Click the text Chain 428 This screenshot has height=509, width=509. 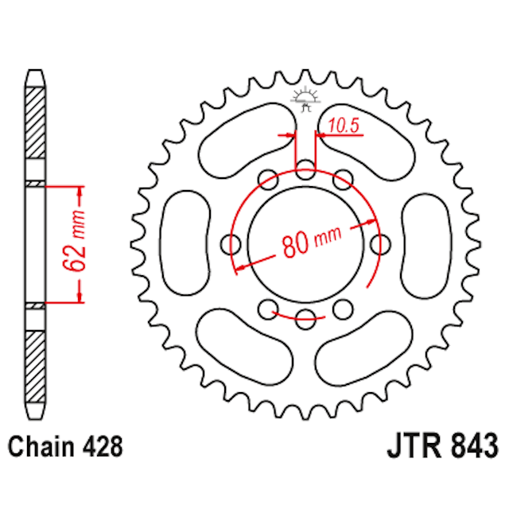pos(66,446)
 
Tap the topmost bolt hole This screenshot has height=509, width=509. pos(305,169)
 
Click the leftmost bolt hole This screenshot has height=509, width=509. pos(231,243)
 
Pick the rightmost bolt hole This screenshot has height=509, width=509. pos(381,243)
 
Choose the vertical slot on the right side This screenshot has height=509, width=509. pos(426,243)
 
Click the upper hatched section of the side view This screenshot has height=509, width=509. pos(37,119)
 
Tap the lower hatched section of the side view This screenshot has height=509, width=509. pos(37,366)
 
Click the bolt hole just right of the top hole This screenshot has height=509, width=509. pos(343,177)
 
